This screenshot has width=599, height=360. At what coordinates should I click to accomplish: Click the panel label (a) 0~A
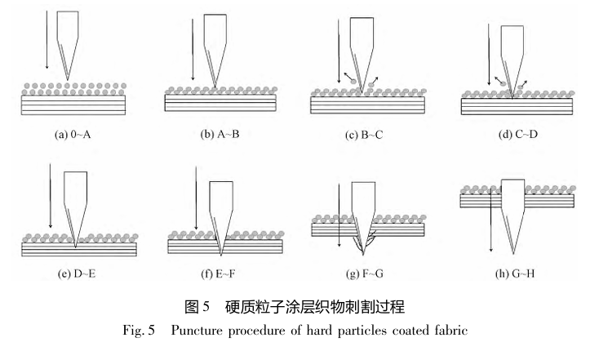(x=73, y=135)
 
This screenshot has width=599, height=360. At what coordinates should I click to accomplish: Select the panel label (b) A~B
(x=220, y=134)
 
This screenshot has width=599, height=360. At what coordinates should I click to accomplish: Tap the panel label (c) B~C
(x=364, y=135)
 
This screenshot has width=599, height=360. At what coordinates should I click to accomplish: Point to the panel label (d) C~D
(x=517, y=134)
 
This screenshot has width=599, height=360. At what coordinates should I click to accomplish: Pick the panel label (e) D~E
(x=77, y=273)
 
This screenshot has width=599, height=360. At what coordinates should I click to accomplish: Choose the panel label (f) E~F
(x=218, y=273)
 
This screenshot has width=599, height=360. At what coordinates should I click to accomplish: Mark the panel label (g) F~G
(x=364, y=273)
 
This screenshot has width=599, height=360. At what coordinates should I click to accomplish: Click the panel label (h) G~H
(x=515, y=273)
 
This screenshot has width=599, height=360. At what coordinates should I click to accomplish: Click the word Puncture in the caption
(x=197, y=330)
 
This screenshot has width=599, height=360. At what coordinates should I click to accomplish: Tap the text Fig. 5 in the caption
(x=138, y=330)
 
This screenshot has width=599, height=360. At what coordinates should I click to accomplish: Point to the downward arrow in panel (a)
(x=47, y=40)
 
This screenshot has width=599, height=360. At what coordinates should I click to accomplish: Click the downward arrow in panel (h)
(x=491, y=220)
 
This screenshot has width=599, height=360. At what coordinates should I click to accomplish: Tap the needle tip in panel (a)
(x=68, y=80)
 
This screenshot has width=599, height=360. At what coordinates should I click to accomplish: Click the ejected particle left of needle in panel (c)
(x=353, y=82)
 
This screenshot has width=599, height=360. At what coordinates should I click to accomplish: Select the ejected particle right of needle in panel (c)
(x=370, y=84)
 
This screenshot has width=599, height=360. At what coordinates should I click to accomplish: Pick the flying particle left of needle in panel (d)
(x=504, y=84)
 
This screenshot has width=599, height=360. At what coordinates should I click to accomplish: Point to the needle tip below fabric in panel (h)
(x=513, y=254)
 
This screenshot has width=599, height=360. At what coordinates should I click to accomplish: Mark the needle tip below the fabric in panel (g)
(x=363, y=255)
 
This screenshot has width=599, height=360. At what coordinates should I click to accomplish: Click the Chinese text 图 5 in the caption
(x=197, y=307)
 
